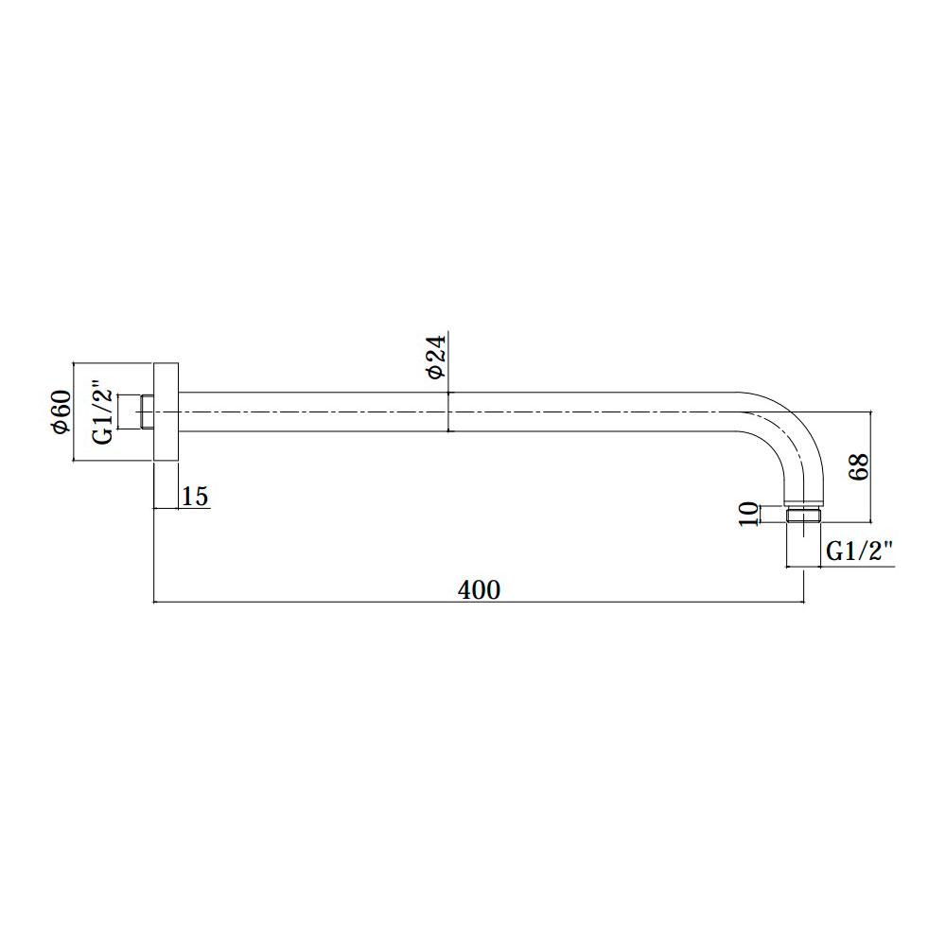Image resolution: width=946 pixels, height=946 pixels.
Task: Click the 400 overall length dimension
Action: pos(479,590)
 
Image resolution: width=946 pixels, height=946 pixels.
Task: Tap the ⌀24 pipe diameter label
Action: pos(435,358)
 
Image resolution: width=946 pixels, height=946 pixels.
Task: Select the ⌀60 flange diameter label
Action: pos(61,412)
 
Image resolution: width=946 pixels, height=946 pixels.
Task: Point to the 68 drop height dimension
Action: pos(859,466)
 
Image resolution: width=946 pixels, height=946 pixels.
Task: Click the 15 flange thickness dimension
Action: pos(195,497)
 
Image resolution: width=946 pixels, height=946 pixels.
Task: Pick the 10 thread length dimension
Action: pos(748,514)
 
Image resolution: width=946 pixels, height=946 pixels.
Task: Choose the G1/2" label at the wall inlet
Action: pos(103,412)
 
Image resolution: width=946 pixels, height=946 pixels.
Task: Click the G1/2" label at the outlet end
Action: pos(859,552)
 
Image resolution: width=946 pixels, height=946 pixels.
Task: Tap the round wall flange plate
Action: pos(166,412)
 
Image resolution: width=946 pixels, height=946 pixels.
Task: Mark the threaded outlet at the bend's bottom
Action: pos(803,516)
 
